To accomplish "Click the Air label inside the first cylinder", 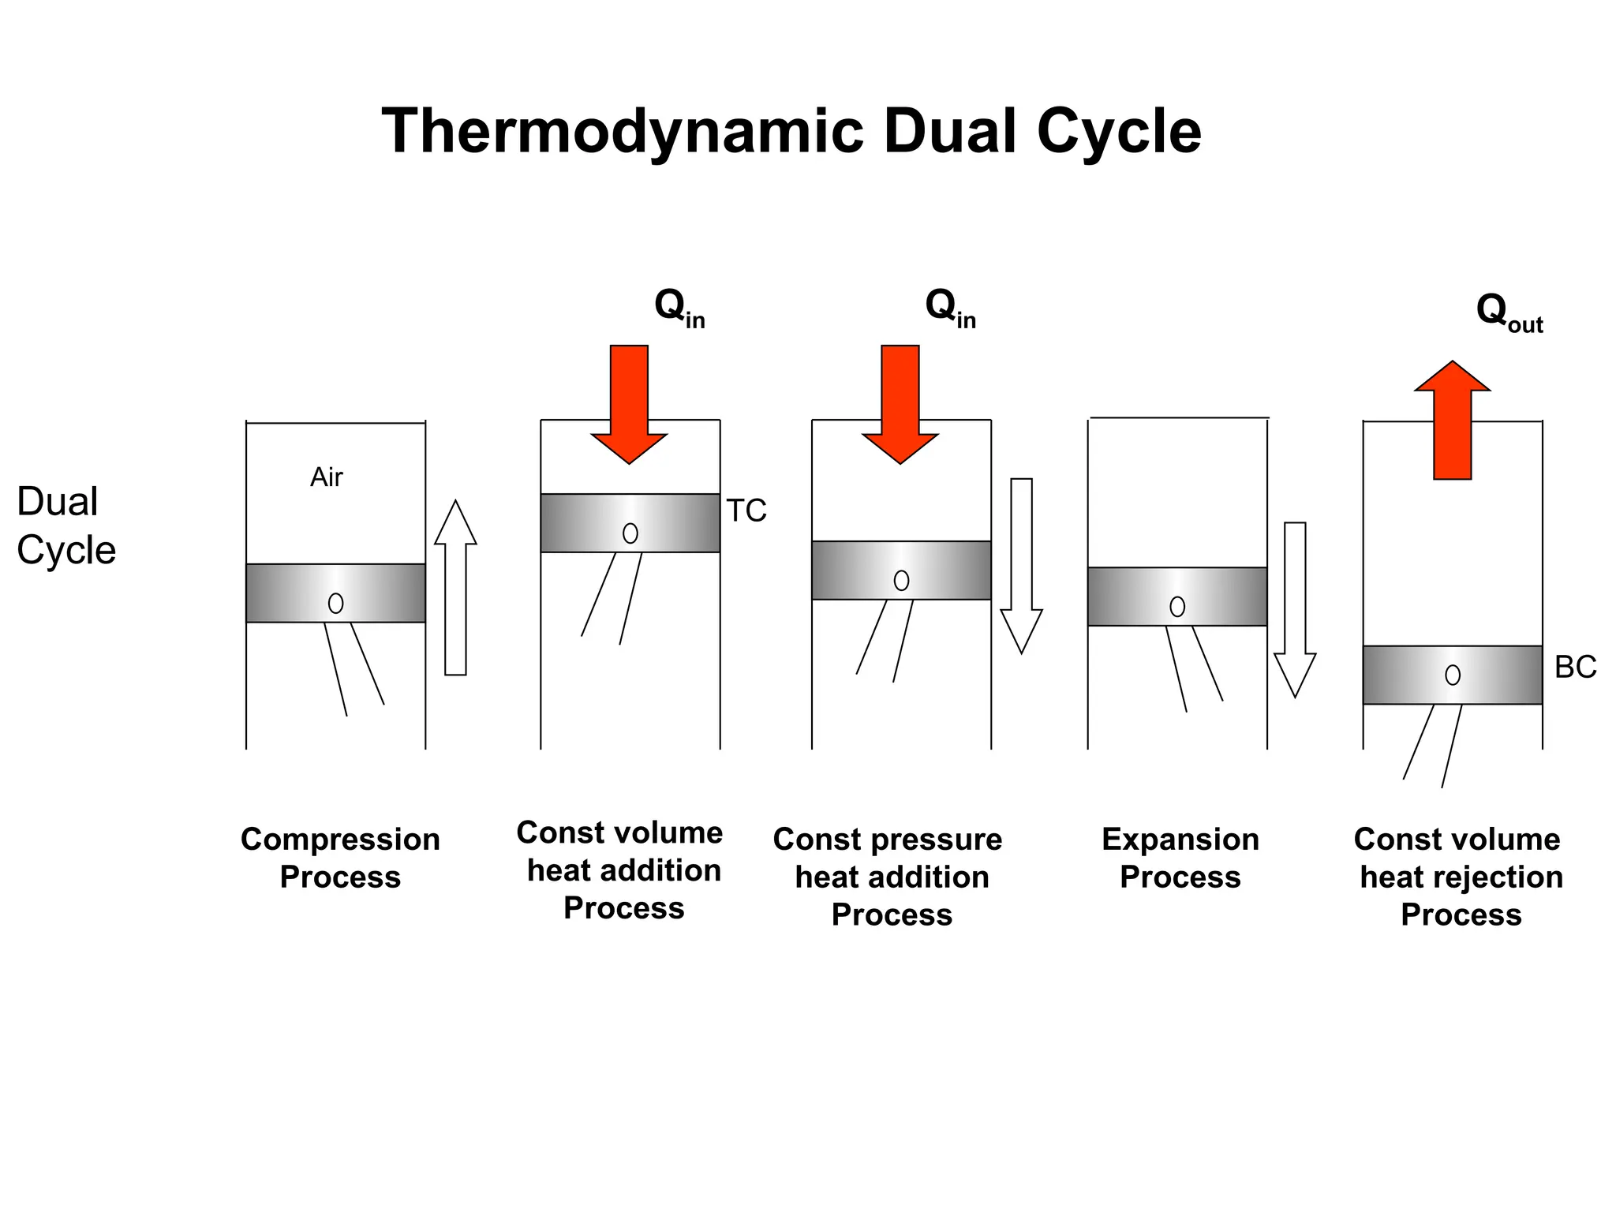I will [x=327, y=477].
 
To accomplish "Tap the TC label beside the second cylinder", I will [x=746, y=511].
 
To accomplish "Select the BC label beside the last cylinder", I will [x=1575, y=668].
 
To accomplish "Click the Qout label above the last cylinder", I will [x=1509, y=312].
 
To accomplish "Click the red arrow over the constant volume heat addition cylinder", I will [x=629, y=402].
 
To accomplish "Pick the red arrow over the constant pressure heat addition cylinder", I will [x=900, y=402].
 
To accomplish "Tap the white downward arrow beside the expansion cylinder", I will [x=1295, y=608].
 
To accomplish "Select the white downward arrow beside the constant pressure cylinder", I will [x=1021, y=564].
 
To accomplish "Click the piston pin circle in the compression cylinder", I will [x=335, y=604].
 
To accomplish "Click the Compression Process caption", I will [x=340, y=858].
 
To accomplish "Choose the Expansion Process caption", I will [x=1180, y=858].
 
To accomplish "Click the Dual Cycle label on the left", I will [x=66, y=526].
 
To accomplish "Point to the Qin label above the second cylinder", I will [x=679, y=307].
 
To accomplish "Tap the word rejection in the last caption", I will [x=1508, y=877].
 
